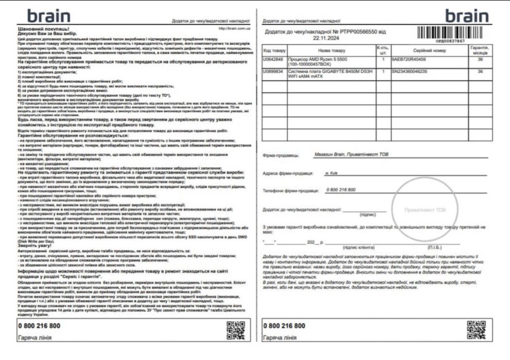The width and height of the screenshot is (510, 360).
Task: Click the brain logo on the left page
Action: click(49, 15)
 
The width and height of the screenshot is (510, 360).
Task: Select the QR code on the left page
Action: click(236, 330)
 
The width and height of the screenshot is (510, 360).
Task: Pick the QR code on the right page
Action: click(476, 330)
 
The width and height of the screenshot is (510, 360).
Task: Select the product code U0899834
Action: click(274, 71)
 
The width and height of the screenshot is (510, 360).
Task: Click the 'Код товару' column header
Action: click(274, 50)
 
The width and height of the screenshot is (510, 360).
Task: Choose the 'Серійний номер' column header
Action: click(429, 50)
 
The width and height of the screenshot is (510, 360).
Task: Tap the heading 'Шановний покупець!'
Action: click(43, 29)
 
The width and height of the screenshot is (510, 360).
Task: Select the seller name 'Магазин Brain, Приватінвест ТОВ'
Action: click(348, 154)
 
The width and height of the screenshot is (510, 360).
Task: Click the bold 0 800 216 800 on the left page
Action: click(39, 326)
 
